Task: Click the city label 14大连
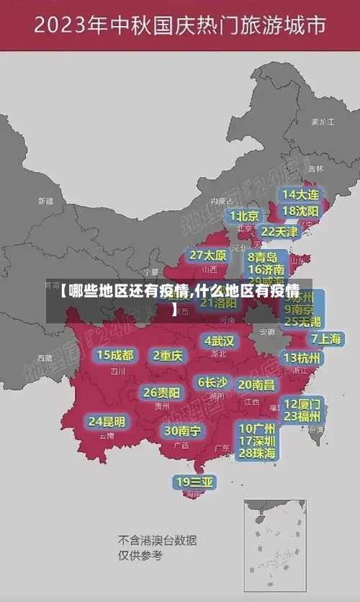click(300, 194)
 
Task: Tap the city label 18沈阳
click(300, 211)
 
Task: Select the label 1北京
click(245, 215)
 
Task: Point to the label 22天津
click(279, 232)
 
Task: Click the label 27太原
click(208, 255)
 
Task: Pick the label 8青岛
click(264, 256)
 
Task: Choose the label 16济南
click(266, 270)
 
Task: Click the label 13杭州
click(303, 358)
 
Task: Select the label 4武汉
click(220, 341)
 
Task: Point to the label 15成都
click(115, 355)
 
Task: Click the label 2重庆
click(168, 355)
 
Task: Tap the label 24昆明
click(107, 421)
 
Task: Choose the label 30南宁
click(182, 431)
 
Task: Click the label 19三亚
click(194, 481)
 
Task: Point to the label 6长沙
click(212, 382)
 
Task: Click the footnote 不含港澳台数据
click(157, 540)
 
